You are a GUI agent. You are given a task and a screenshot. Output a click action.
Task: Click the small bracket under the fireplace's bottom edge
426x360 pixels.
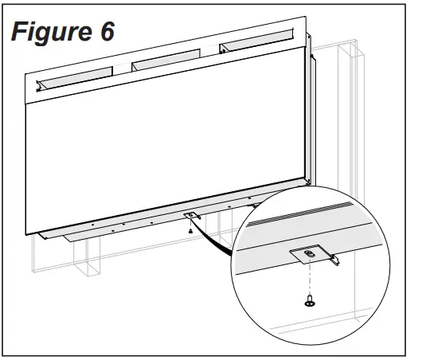click(191, 215)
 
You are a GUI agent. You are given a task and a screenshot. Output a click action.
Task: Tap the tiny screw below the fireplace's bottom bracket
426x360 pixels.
click(190, 231)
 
